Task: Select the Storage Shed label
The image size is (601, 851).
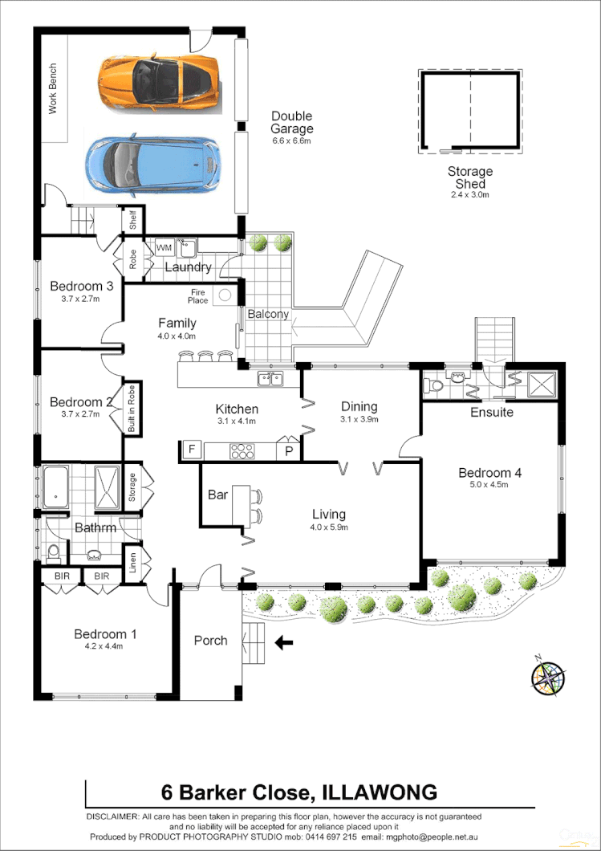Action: coord(470,177)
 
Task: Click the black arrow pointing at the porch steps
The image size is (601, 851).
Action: coord(283,641)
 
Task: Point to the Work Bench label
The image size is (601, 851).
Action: coord(53,88)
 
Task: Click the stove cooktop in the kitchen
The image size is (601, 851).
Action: coord(242,452)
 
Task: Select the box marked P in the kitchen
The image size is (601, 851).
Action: coord(288,451)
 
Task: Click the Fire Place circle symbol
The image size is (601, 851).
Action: coord(225,295)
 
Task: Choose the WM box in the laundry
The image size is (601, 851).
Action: coord(164,246)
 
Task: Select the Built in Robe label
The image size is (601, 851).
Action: coord(132,409)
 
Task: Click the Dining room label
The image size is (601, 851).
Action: coord(359,407)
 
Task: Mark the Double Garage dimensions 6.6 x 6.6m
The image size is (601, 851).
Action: coord(290,140)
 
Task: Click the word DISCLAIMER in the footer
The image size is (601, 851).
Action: coord(112,816)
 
